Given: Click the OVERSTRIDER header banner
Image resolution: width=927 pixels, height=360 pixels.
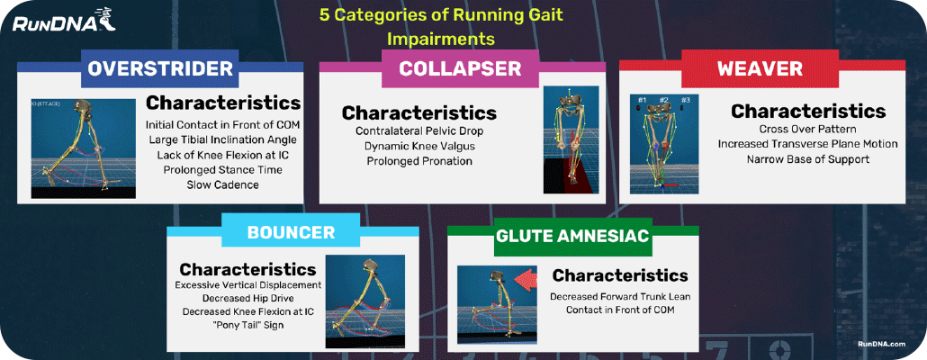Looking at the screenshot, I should pos(160,69).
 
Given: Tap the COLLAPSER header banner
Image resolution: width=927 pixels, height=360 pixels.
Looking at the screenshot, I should pos(460,69).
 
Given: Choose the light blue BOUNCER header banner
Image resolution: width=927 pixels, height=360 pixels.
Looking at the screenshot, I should pos(291,233).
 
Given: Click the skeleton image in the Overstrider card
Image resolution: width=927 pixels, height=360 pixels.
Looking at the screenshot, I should pos(84,146).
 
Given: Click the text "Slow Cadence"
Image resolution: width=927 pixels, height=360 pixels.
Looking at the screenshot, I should pos(222,184).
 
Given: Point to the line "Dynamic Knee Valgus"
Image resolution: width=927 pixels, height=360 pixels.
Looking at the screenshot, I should pos(418,146).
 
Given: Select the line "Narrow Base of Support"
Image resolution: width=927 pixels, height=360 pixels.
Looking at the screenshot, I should pos(807,159).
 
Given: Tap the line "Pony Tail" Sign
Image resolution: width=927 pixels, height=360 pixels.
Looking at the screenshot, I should pos(247,325).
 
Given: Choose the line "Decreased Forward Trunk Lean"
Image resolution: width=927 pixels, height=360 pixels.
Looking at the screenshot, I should pos(620,295).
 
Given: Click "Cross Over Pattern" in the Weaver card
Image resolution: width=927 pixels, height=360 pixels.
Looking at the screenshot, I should pos(807,129).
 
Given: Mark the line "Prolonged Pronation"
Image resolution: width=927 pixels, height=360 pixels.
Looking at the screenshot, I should pos(418,161).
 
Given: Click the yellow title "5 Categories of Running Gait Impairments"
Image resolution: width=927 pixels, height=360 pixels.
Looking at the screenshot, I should pos(441,27).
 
